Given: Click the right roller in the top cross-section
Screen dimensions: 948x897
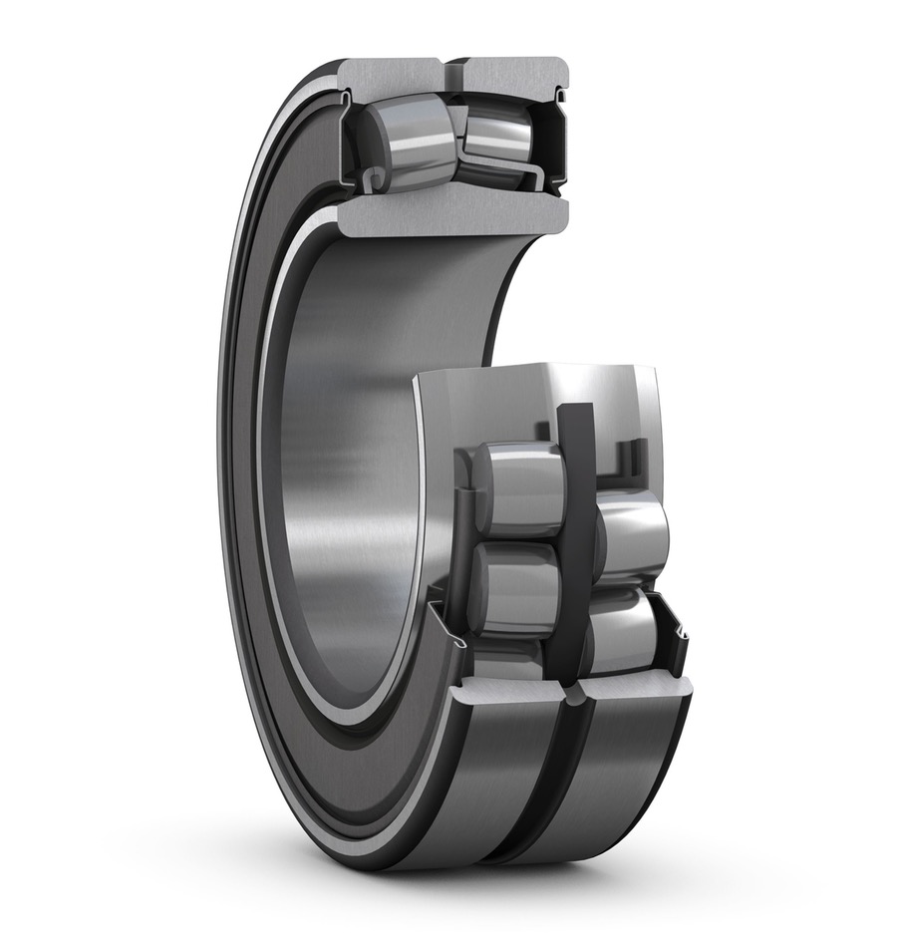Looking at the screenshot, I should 498,135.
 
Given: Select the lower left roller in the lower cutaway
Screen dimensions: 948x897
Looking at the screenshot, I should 513,588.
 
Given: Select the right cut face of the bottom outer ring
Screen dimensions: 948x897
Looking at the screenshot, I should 638,688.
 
